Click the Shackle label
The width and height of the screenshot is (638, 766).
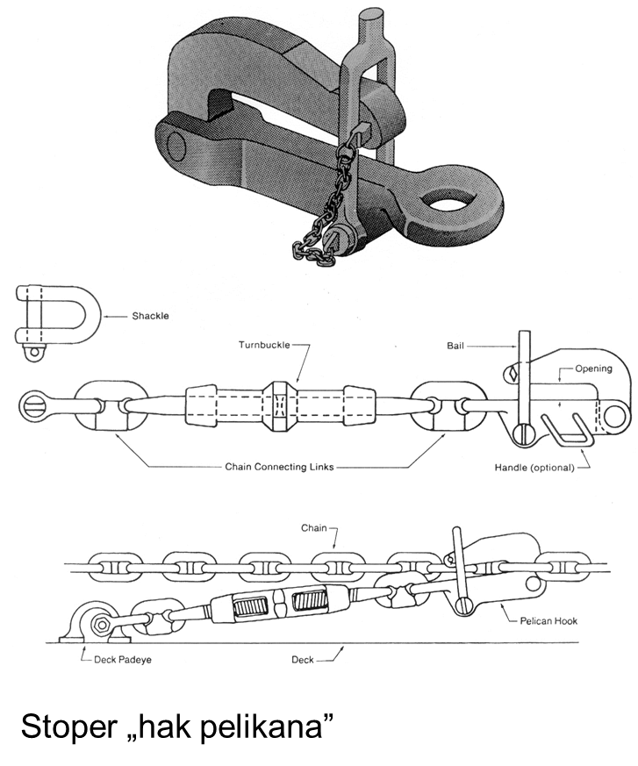(x=150, y=316)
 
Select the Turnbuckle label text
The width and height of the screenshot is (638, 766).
(x=264, y=345)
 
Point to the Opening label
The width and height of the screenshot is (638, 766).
(x=593, y=369)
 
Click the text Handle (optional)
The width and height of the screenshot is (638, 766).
(x=534, y=468)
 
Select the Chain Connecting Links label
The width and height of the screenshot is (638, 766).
(x=279, y=468)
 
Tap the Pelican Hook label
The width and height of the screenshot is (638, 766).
(x=548, y=620)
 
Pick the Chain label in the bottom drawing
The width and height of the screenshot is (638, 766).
(x=313, y=528)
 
